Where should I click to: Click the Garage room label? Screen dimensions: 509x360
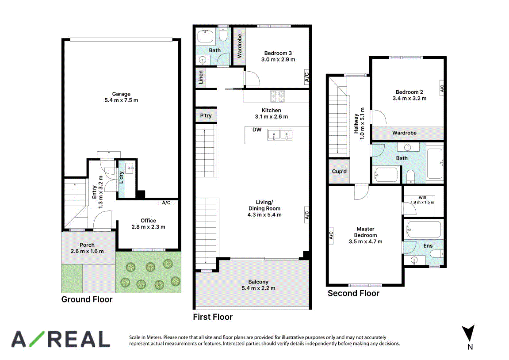click(121, 94)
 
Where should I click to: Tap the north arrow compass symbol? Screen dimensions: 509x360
click(468, 333)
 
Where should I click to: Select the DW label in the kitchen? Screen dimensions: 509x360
click(257, 130)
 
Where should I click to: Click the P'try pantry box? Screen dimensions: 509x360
click(206, 115)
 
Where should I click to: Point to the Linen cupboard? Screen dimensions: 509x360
click(201, 77)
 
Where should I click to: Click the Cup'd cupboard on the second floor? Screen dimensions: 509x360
click(339, 172)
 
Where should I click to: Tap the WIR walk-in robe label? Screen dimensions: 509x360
click(422, 197)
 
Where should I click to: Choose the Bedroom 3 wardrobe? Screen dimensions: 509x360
click(239, 46)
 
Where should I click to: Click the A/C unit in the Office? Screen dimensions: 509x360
click(166, 203)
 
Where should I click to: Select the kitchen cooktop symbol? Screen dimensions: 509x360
click(278, 96)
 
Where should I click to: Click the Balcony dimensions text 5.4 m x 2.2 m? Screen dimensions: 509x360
click(258, 288)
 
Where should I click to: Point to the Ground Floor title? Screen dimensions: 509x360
click(87, 299)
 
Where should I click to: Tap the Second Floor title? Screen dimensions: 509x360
click(353, 294)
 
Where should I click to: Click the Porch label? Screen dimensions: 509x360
click(87, 245)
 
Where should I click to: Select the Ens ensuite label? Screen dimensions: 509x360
click(428, 246)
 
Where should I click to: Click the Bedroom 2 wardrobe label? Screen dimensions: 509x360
click(404, 133)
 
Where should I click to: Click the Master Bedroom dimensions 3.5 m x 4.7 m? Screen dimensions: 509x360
click(366, 241)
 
